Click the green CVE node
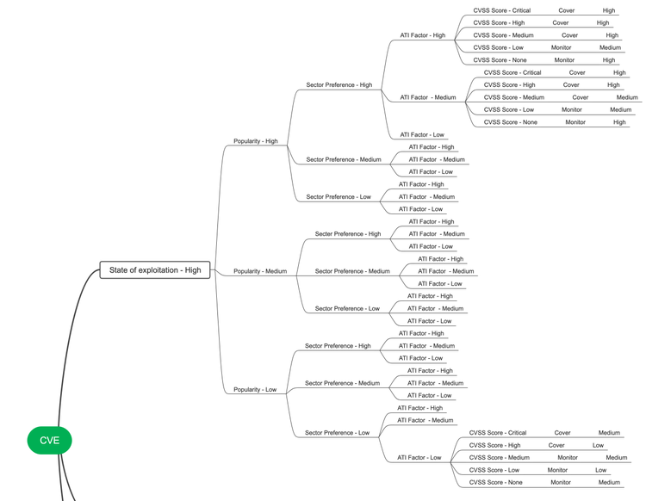49,440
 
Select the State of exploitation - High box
155,270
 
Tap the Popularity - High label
256,141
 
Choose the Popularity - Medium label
260,271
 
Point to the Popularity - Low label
255,390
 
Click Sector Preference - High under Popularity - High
339,85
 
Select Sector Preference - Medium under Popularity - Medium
352,271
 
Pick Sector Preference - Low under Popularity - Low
337,433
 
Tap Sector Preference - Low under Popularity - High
339,197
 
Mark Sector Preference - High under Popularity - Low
338,346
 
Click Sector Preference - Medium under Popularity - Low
342,383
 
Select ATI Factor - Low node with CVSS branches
419,458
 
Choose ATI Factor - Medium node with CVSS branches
428,97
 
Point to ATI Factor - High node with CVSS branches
423,35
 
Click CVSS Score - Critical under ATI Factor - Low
498,433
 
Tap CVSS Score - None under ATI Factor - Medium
511,122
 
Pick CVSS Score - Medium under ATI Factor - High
500,35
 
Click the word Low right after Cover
598,445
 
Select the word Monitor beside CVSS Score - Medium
568,458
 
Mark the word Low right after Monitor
601,470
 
